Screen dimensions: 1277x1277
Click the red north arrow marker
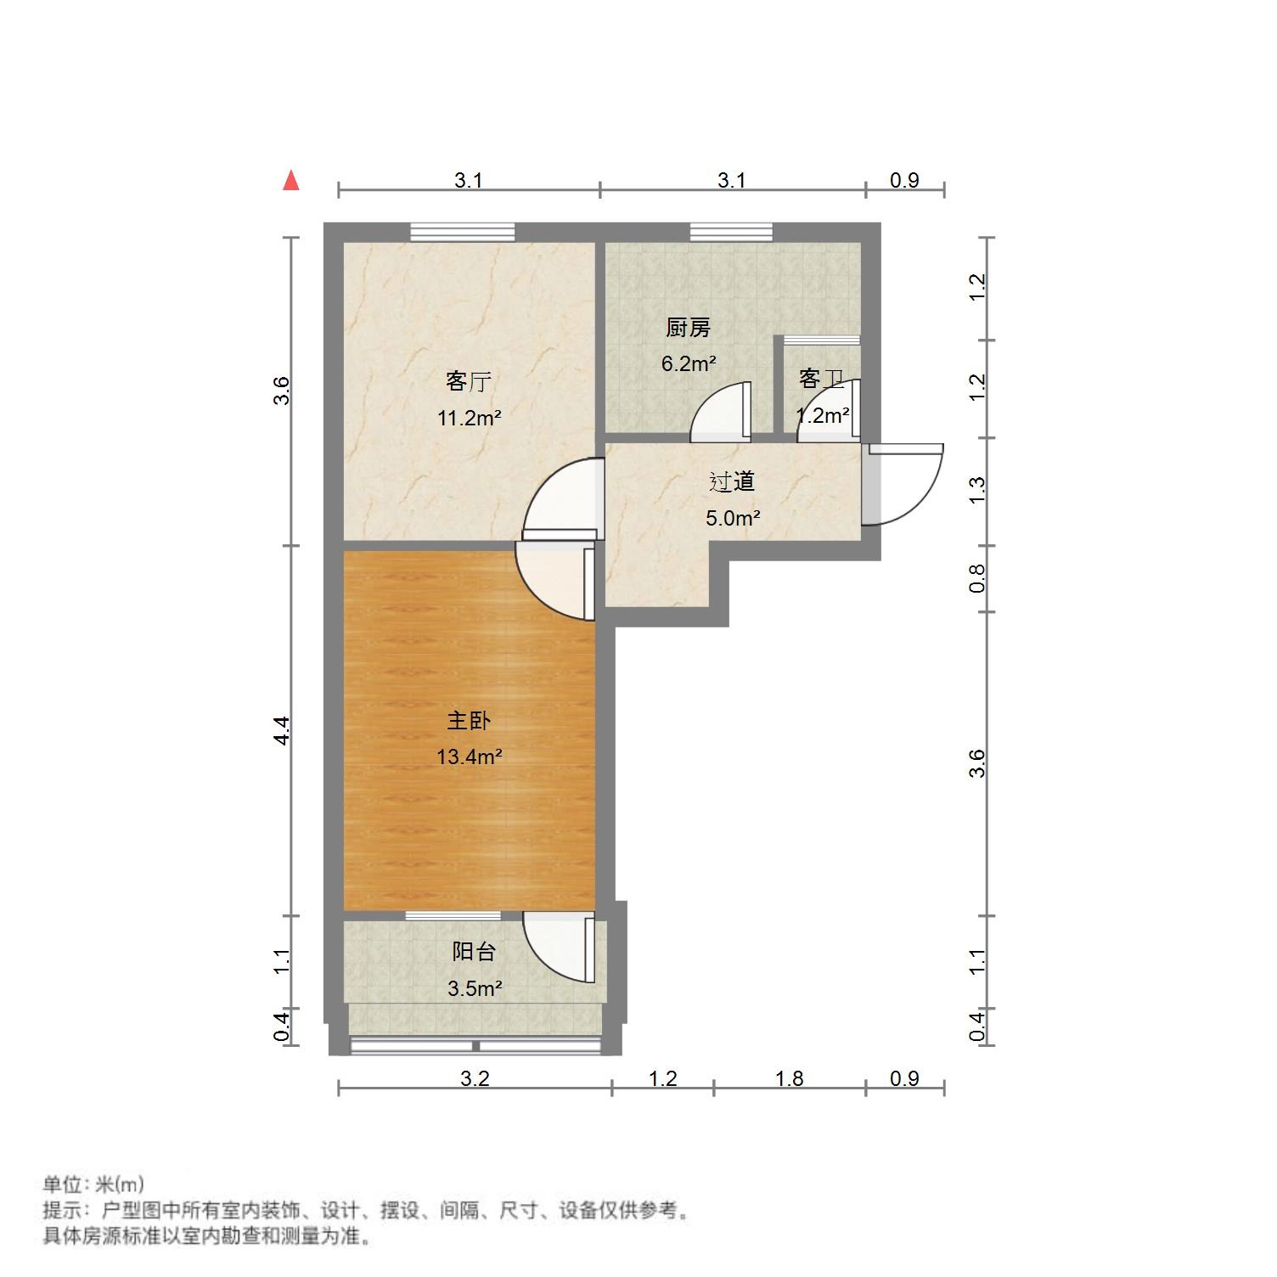click(291, 181)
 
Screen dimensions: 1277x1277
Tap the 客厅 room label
click(469, 381)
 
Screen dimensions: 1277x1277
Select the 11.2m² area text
click(469, 418)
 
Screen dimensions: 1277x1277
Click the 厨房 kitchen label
click(688, 328)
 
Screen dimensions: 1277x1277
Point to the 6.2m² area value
click(689, 364)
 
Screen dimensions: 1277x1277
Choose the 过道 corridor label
click(732, 482)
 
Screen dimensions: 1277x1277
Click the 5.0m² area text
click(732, 518)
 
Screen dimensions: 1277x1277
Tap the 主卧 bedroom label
click(469, 721)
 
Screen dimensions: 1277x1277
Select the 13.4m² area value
click(469, 757)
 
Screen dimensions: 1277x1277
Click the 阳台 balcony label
click(473, 952)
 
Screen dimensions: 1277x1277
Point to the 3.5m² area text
click(474, 988)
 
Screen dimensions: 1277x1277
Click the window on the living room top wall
click(463, 232)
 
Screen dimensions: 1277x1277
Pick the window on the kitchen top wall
click(731, 232)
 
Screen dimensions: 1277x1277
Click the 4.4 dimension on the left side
click(283, 730)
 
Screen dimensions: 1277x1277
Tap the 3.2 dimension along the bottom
click(475, 1078)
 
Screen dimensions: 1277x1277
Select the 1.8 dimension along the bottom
click(789, 1078)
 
